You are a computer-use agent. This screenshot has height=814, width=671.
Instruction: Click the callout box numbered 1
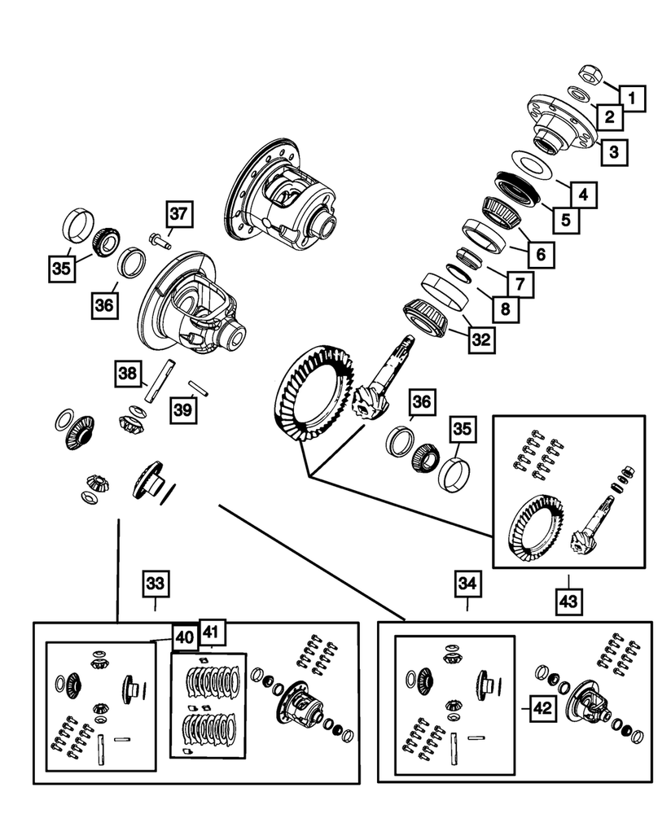pyautogui.click(x=634, y=98)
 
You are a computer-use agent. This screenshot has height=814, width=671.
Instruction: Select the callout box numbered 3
pyautogui.click(x=613, y=151)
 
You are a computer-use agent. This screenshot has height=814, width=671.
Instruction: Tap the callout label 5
pyautogui.click(x=563, y=219)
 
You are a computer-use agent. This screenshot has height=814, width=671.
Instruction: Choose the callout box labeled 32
pyautogui.click(x=481, y=341)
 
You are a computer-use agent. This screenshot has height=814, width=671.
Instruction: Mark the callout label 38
pyautogui.click(x=127, y=374)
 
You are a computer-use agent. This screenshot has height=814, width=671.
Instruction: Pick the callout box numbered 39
pyautogui.click(x=184, y=409)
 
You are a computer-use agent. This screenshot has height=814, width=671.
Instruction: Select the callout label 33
pyautogui.click(x=156, y=583)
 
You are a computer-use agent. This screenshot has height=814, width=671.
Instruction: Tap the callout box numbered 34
pyautogui.click(x=467, y=583)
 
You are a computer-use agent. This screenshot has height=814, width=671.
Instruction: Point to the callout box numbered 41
pyautogui.click(x=213, y=633)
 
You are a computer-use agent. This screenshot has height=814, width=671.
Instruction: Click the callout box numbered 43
pyautogui.click(x=569, y=602)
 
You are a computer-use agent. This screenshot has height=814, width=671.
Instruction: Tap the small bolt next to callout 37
pyautogui.click(x=158, y=239)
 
